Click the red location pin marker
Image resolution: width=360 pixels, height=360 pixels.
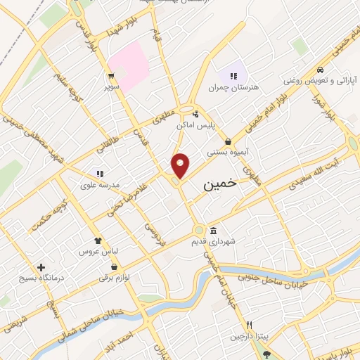point(181,166)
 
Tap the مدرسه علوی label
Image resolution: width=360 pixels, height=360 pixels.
point(101,184)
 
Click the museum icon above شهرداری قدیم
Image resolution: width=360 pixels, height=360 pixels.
point(213,231)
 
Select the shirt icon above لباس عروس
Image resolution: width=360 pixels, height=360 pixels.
point(97,240)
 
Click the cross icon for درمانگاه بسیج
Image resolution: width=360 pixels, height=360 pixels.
point(42,268)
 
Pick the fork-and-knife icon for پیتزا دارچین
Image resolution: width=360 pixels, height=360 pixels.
point(249,325)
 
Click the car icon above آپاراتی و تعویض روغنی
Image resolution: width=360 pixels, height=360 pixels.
point(320,70)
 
